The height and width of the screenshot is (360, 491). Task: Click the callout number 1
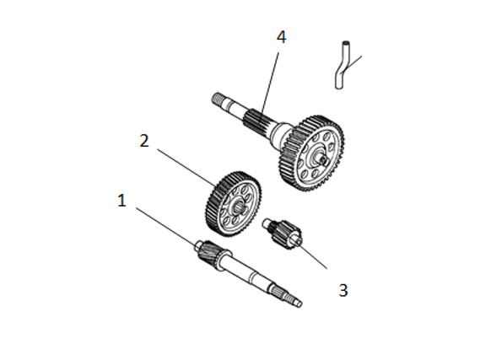click(121, 201)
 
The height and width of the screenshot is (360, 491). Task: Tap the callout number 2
click(144, 141)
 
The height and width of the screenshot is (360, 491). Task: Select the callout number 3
click(343, 291)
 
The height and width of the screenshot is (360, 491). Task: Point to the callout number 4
click(281, 37)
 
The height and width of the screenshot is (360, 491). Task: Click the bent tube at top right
click(340, 66)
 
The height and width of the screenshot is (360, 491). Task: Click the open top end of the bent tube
click(346, 42)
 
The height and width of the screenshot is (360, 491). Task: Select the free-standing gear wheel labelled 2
click(234, 204)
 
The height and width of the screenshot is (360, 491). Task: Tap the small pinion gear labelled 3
click(283, 234)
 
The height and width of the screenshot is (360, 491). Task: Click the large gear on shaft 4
click(311, 153)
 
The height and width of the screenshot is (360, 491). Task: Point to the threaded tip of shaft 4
click(219, 99)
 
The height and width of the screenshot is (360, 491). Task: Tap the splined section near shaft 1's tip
click(279, 293)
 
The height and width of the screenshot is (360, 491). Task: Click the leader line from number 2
click(186, 167)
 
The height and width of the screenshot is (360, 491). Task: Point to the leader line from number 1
click(165, 226)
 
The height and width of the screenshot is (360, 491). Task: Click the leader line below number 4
click(270, 86)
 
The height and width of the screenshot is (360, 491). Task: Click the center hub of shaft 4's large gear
click(321, 159)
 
